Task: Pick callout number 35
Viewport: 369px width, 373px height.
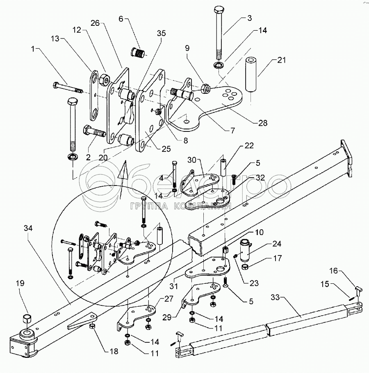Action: [162, 34]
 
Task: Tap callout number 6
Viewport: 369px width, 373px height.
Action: [121, 19]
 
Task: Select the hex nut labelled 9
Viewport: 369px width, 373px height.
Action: [207, 88]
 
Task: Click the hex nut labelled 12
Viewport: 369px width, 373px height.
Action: [104, 78]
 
